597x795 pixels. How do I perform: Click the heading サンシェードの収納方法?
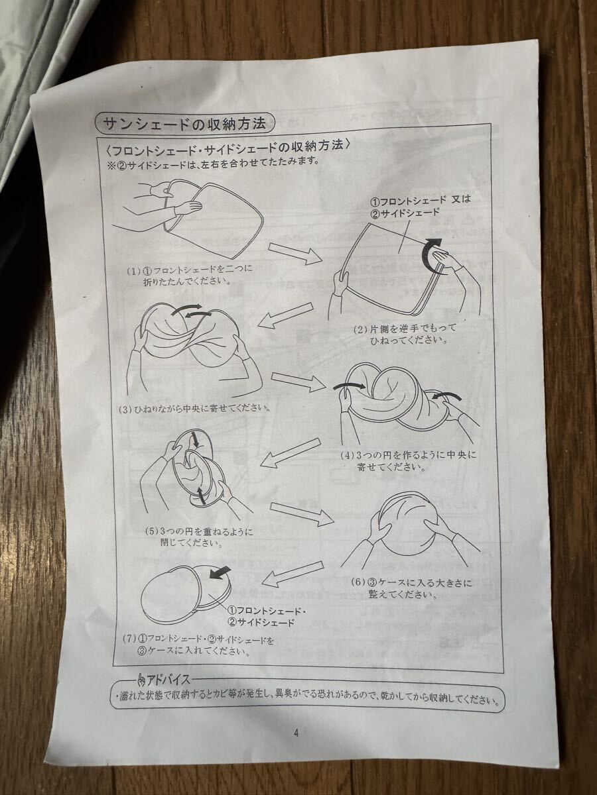pos(185,123)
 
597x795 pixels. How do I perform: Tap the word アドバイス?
pos(168,680)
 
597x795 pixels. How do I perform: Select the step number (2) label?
pos(360,329)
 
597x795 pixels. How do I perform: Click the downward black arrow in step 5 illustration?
pos(196,440)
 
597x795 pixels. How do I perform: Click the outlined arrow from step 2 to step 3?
pos(286,316)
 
